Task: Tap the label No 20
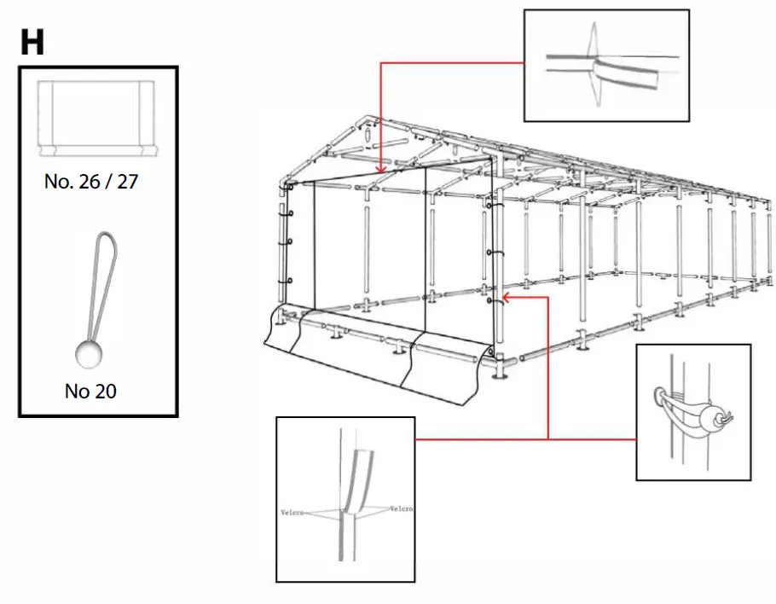point(91,392)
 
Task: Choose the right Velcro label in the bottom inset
point(401,508)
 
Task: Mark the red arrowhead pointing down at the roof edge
point(379,169)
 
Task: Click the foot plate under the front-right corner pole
point(501,373)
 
